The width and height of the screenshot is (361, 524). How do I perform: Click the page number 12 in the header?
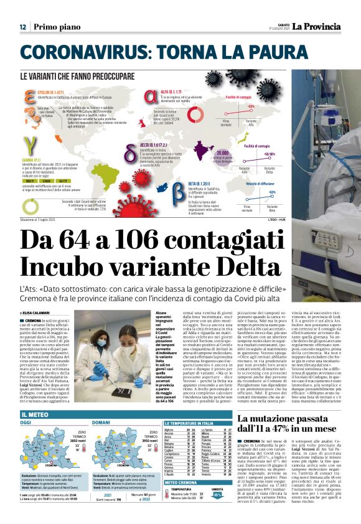[22, 27]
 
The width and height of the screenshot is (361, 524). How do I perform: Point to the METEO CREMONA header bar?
[180, 482]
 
